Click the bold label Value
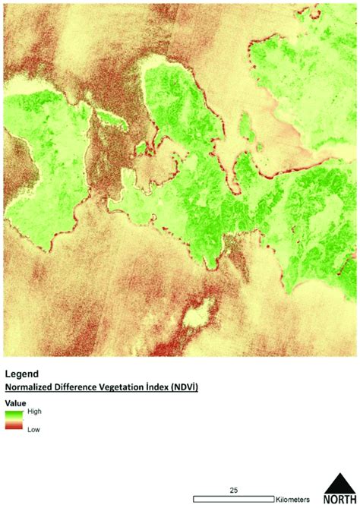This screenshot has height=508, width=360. point(15,402)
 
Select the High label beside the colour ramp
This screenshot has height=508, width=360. point(34,411)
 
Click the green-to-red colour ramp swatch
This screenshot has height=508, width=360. point(14,421)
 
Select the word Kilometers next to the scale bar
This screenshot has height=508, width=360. point(292,498)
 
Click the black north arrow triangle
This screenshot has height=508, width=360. point(338,484)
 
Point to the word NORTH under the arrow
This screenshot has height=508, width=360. point(339,500)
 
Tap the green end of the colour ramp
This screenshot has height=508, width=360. point(14,414)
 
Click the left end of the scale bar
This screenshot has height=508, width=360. point(195,498)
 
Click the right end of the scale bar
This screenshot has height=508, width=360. point(271,498)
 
